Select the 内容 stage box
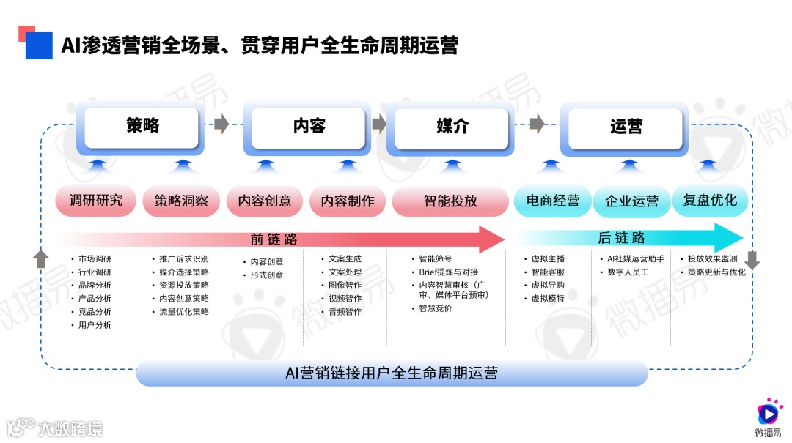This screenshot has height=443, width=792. click(x=309, y=127)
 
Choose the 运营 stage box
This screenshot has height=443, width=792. click(x=626, y=127)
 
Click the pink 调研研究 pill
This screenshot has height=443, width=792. click(x=96, y=201)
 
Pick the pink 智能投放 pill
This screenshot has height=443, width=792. click(x=450, y=201)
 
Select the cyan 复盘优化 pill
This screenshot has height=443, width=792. click(x=710, y=200)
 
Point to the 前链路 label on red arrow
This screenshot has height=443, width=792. click(x=274, y=239)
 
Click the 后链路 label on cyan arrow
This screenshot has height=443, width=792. click(x=622, y=238)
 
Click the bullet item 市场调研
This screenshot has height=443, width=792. click(x=95, y=259)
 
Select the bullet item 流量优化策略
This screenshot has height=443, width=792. click(x=183, y=312)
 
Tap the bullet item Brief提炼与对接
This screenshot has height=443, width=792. click(x=448, y=272)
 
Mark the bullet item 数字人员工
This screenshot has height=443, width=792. click(x=628, y=272)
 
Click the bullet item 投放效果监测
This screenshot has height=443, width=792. click(x=712, y=259)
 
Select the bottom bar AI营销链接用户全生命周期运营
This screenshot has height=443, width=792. click(x=392, y=373)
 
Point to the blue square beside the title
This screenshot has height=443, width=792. click(x=39, y=45)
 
